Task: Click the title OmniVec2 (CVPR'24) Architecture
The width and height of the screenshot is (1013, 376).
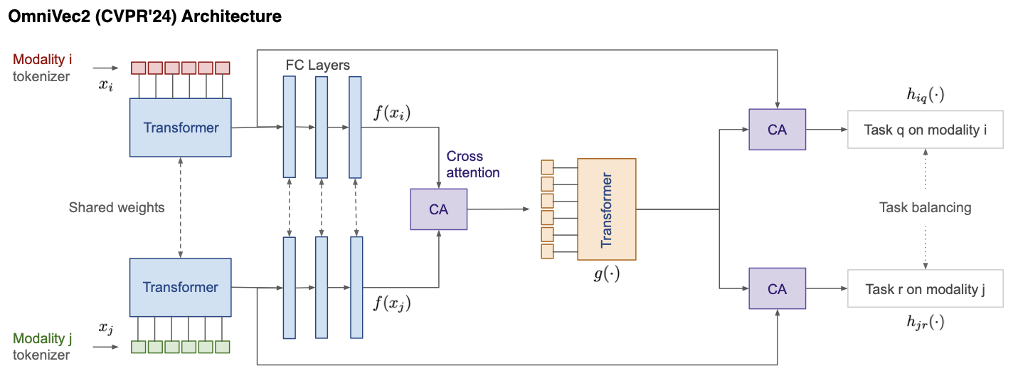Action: click(144, 16)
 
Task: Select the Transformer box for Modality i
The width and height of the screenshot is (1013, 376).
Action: click(181, 127)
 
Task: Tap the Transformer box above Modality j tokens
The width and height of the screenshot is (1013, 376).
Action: click(181, 287)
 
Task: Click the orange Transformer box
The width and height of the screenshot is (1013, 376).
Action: click(607, 209)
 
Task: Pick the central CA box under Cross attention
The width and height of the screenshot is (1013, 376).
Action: click(439, 209)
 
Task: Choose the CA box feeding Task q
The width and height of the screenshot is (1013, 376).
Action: click(777, 129)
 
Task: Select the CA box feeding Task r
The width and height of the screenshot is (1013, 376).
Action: click(777, 288)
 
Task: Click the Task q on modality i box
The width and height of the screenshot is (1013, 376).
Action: click(925, 129)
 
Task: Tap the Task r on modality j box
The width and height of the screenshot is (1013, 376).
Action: click(925, 288)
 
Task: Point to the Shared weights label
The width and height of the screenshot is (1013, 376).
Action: click(117, 208)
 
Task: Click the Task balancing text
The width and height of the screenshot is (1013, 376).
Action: click(926, 208)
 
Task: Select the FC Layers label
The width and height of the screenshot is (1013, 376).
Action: click(318, 65)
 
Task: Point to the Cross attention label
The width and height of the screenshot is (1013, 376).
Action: click(473, 164)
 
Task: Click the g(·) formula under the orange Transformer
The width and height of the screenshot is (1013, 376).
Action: click(607, 274)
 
